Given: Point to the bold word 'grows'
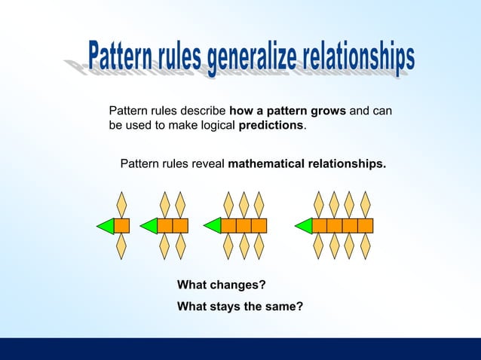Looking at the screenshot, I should click(329, 111).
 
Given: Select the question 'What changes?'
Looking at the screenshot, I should click(222, 285).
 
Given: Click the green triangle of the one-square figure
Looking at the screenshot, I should click(106, 225).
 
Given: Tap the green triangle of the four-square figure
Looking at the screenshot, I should click(304, 225).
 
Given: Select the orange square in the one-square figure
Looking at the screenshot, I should click(121, 225).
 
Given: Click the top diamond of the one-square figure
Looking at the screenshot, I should click(121, 204).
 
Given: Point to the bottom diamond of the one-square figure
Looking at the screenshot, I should click(121, 246).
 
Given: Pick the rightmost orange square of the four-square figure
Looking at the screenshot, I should click(366, 225).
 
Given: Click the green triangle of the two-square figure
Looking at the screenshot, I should click(149, 225).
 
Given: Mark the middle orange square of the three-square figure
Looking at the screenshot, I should click(244, 225).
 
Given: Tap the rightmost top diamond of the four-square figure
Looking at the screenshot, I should click(366, 204).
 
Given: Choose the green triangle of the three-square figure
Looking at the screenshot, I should click(213, 225).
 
